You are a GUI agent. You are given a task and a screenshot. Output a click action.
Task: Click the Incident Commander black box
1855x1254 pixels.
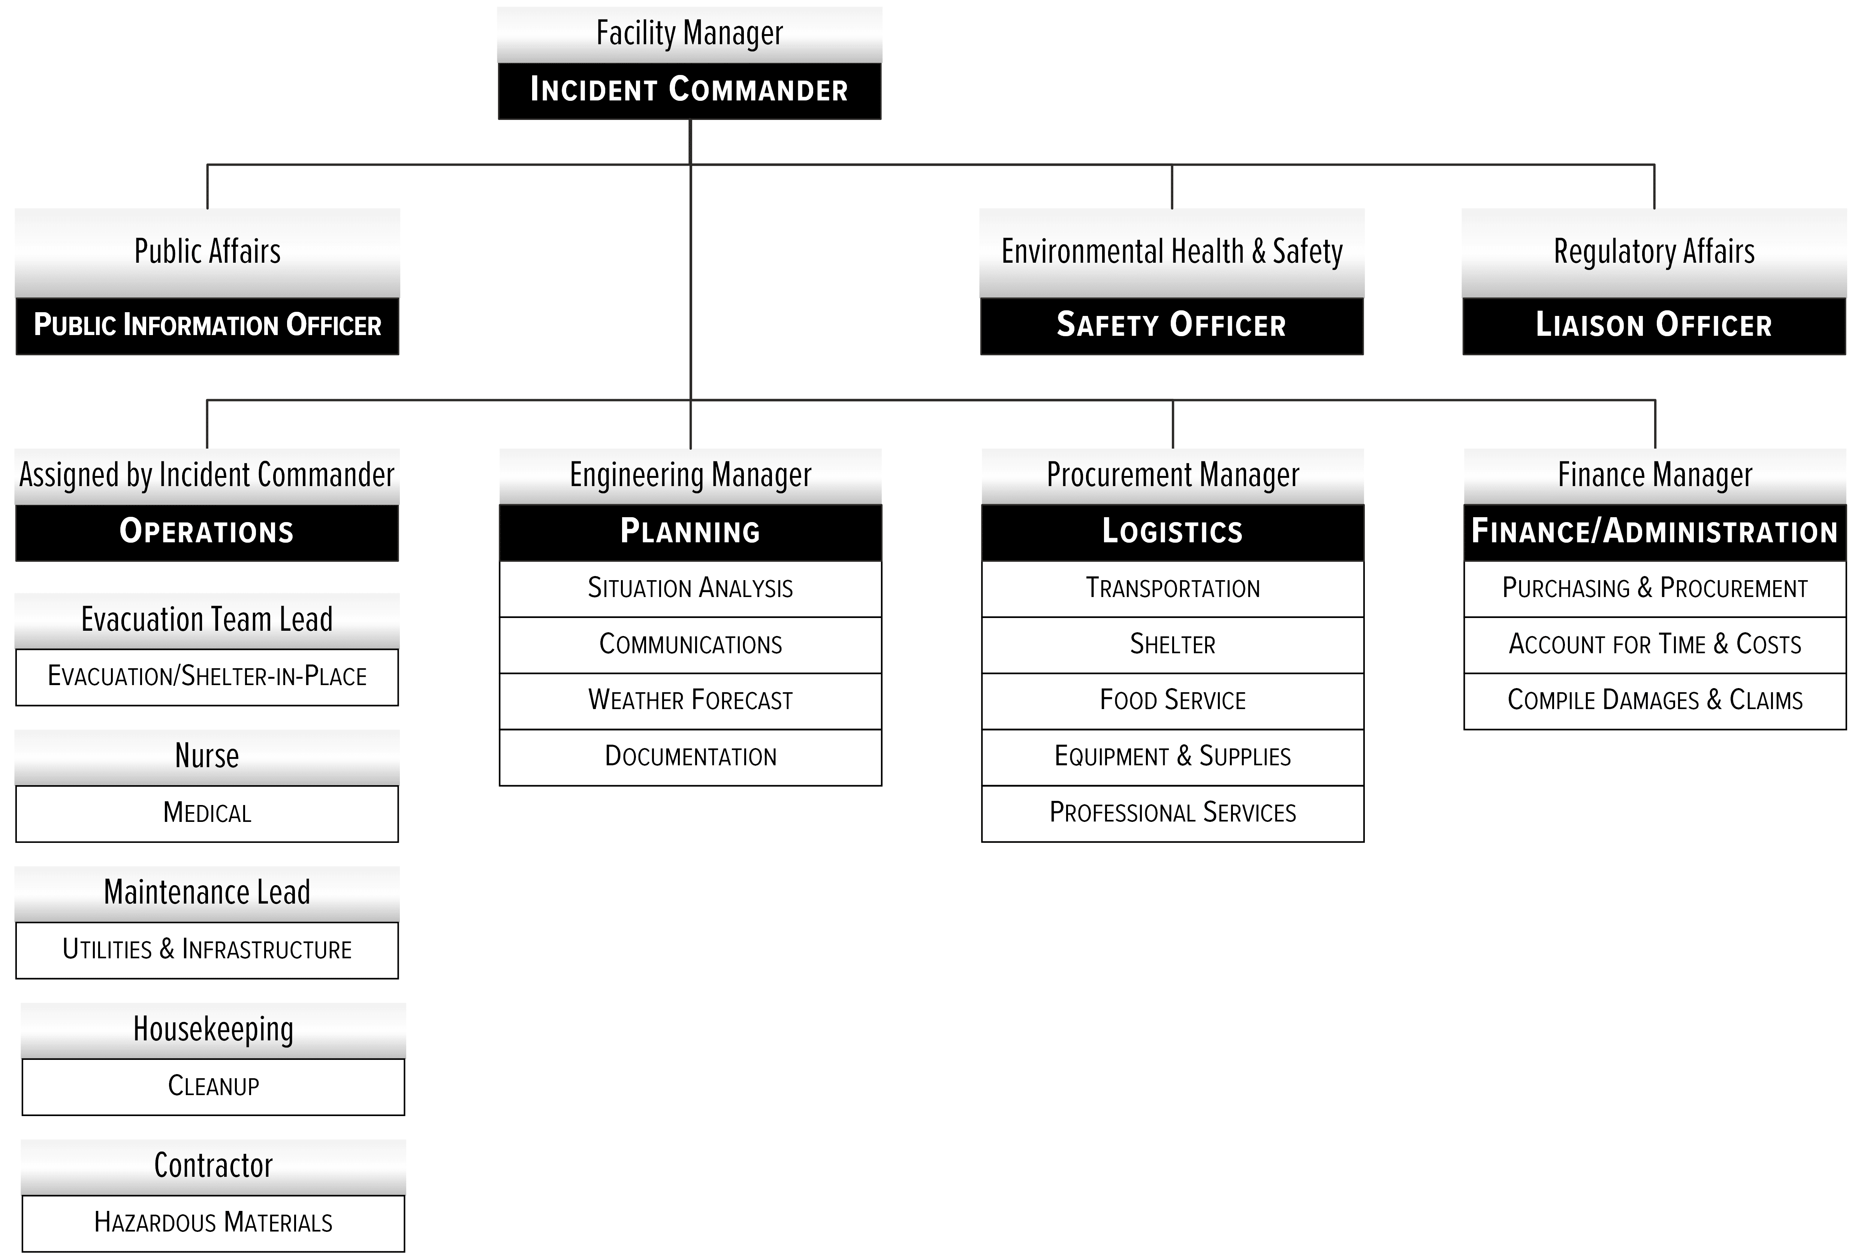[x=690, y=91]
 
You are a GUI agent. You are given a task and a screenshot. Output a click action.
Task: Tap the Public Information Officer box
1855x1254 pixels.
[x=208, y=326]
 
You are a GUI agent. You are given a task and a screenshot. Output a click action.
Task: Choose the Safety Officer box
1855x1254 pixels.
[x=1172, y=326]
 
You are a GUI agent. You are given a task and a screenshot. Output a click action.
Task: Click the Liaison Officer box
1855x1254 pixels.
[x=1654, y=326]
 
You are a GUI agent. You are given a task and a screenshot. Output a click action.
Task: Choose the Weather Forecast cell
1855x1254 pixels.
[x=690, y=701]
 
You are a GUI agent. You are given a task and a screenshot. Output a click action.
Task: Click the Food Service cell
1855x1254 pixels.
[x=1173, y=701]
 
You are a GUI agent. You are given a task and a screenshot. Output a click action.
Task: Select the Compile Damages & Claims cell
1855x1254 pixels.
[x=1655, y=701]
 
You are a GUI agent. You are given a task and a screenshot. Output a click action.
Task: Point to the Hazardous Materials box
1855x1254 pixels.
[x=213, y=1223]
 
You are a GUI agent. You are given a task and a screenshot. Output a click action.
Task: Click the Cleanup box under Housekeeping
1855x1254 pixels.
[x=213, y=1086]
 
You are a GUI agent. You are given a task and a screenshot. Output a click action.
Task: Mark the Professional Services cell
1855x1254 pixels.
[x=1173, y=813]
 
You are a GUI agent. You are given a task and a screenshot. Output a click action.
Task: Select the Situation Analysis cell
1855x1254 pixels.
[x=690, y=588]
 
